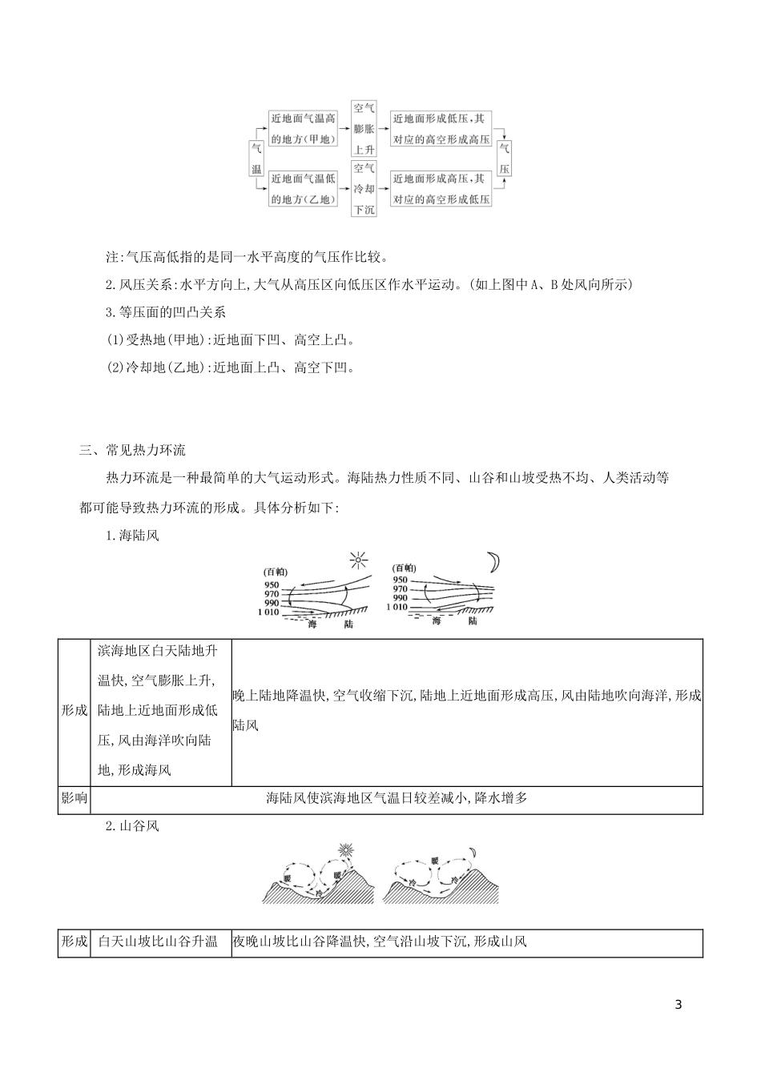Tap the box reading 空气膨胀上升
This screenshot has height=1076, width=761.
pyautogui.click(x=364, y=127)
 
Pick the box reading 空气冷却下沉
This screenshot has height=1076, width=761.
pyautogui.click(x=364, y=189)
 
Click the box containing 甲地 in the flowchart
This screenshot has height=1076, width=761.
pyautogui.click(x=303, y=128)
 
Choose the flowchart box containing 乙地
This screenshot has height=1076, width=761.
pyautogui.click(x=303, y=189)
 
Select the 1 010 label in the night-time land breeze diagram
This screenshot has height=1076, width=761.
pyautogui.click(x=396, y=608)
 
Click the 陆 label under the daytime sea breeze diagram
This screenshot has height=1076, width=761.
pyautogui.click(x=347, y=623)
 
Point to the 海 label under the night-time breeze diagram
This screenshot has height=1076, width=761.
pyautogui.click(x=436, y=621)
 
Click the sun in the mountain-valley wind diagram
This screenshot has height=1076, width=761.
pyautogui.click(x=345, y=850)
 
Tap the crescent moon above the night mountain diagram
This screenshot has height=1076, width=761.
pyautogui.click(x=473, y=852)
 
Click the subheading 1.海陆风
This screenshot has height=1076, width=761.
pyautogui.click(x=132, y=536)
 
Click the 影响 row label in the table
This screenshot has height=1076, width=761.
pyautogui.click(x=74, y=798)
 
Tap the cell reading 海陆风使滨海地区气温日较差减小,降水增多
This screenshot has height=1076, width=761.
pyautogui.click(x=397, y=798)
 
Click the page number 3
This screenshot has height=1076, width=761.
pyautogui.click(x=678, y=1006)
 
